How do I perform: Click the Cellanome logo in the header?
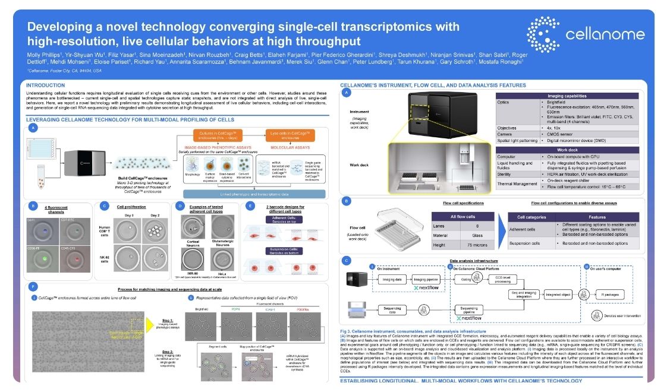pyautogui.click(x=585, y=33)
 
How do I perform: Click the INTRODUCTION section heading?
pyautogui.click(x=46, y=85)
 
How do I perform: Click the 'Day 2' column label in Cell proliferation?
pyautogui.click(x=155, y=214)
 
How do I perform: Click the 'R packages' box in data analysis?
pyautogui.click(x=612, y=295)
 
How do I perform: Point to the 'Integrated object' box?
pyautogui.click(x=558, y=294)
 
